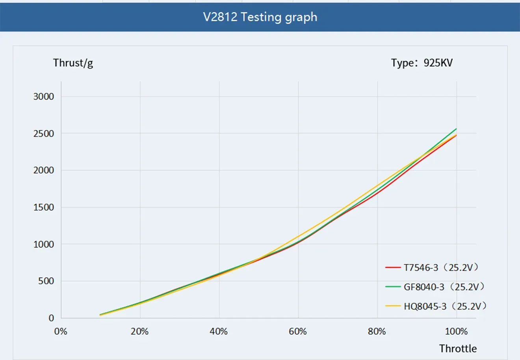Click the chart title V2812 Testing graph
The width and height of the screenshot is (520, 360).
click(x=260, y=17)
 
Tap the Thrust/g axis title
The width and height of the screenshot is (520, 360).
click(x=73, y=63)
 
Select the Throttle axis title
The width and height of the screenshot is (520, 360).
click(x=458, y=349)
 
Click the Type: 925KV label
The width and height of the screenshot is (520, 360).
click(x=422, y=63)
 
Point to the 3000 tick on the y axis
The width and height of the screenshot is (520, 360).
click(x=43, y=97)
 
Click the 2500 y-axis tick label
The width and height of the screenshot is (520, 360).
click(x=43, y=134)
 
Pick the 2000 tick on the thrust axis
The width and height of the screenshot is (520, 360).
click(x=43, y=170)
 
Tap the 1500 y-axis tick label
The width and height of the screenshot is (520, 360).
click(x=43, y=207)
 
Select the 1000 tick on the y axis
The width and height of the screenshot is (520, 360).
click(x=43, y=244)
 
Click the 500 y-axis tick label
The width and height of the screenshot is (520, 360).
click(x=46, y=281)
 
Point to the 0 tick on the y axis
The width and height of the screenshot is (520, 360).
click(x=51, y=318)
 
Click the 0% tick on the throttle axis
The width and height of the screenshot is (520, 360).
click(x=61, y=332)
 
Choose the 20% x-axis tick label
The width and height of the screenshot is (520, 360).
click(x=140, y=332)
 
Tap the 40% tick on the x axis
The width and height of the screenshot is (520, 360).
click(x=219, y=332)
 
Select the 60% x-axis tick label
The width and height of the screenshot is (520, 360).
click(x=298, y=332)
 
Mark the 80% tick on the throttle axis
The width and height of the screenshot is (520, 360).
click(x=377, y=332)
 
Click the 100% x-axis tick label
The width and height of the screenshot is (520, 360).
click(x=456, y=332)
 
